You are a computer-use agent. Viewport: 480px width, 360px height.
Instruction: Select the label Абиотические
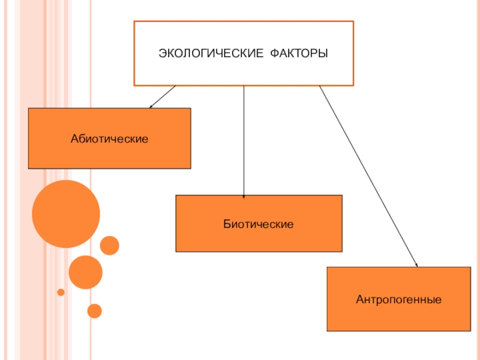(109, 139)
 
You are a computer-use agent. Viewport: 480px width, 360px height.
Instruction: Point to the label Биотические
(259, 224)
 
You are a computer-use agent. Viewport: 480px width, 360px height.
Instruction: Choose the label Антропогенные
(398, 298)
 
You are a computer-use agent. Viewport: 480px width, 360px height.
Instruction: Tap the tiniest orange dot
(61, 292)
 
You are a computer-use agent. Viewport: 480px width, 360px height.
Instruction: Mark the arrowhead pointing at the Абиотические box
(151, 107)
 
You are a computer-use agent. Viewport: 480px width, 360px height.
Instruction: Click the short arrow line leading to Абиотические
(163, 96)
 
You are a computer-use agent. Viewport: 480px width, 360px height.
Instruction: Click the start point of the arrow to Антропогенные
(319, 86)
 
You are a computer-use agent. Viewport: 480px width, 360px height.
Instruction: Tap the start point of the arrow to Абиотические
(175, 86)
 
